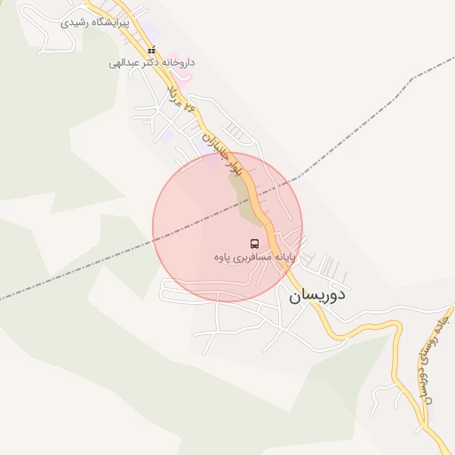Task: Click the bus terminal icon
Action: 254,243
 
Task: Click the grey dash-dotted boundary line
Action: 89,267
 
